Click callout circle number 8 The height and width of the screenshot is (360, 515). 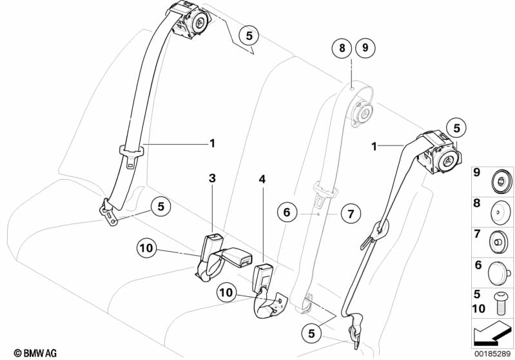343,48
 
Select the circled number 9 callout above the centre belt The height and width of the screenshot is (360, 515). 365,48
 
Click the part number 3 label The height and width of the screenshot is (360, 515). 211,178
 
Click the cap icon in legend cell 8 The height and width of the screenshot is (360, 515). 500,210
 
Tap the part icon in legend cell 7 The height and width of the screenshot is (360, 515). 500,241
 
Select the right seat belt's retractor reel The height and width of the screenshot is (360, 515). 439,152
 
